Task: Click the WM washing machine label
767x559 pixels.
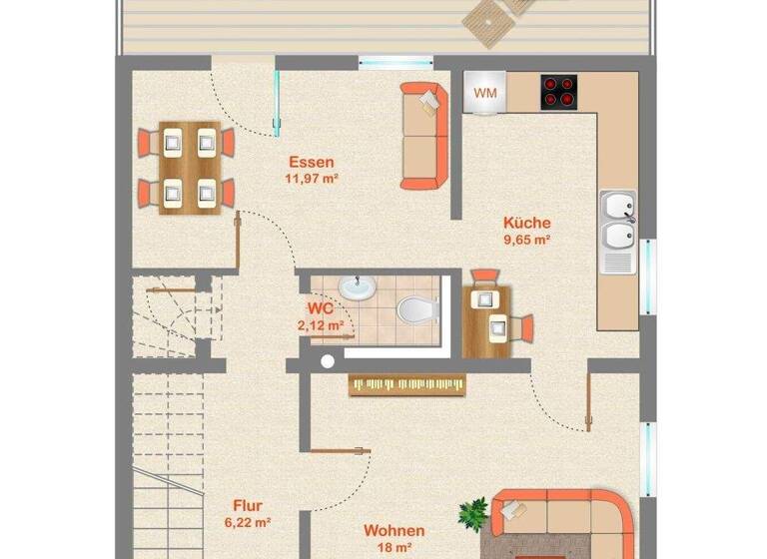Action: pyautogui.click(x=485, y=93)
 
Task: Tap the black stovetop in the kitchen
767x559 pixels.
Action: pyautogui.click(x=560, y=93)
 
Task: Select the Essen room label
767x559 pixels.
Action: pyautogui.click(x=311, y=162)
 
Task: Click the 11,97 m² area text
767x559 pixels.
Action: pyautogui.click(x=311, y=179)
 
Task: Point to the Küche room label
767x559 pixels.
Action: pyautogui.click(x=527, y=223)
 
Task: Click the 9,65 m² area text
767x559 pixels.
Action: pyautogui.click(x=527, y=240)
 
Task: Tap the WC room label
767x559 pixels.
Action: pyautogui.click(x=320, y=307)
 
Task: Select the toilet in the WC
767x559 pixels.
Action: pyautogui.click(x=416, y=308)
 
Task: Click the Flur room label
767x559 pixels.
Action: pyautogui.click(x=248, y=505)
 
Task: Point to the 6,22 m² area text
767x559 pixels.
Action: pyautogui.click(x=248, y=522)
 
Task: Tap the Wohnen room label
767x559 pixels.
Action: pyautogui.click(x=393, y=531)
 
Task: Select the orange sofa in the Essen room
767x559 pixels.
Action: pyautogui.click(x=424, y=135)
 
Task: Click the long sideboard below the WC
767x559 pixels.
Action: pyautogui.click(x=407, y=384)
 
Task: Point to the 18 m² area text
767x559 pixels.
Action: pyautogui.click(x=393, y=548)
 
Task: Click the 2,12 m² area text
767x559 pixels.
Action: pyautogui.click(x=320, y=324)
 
